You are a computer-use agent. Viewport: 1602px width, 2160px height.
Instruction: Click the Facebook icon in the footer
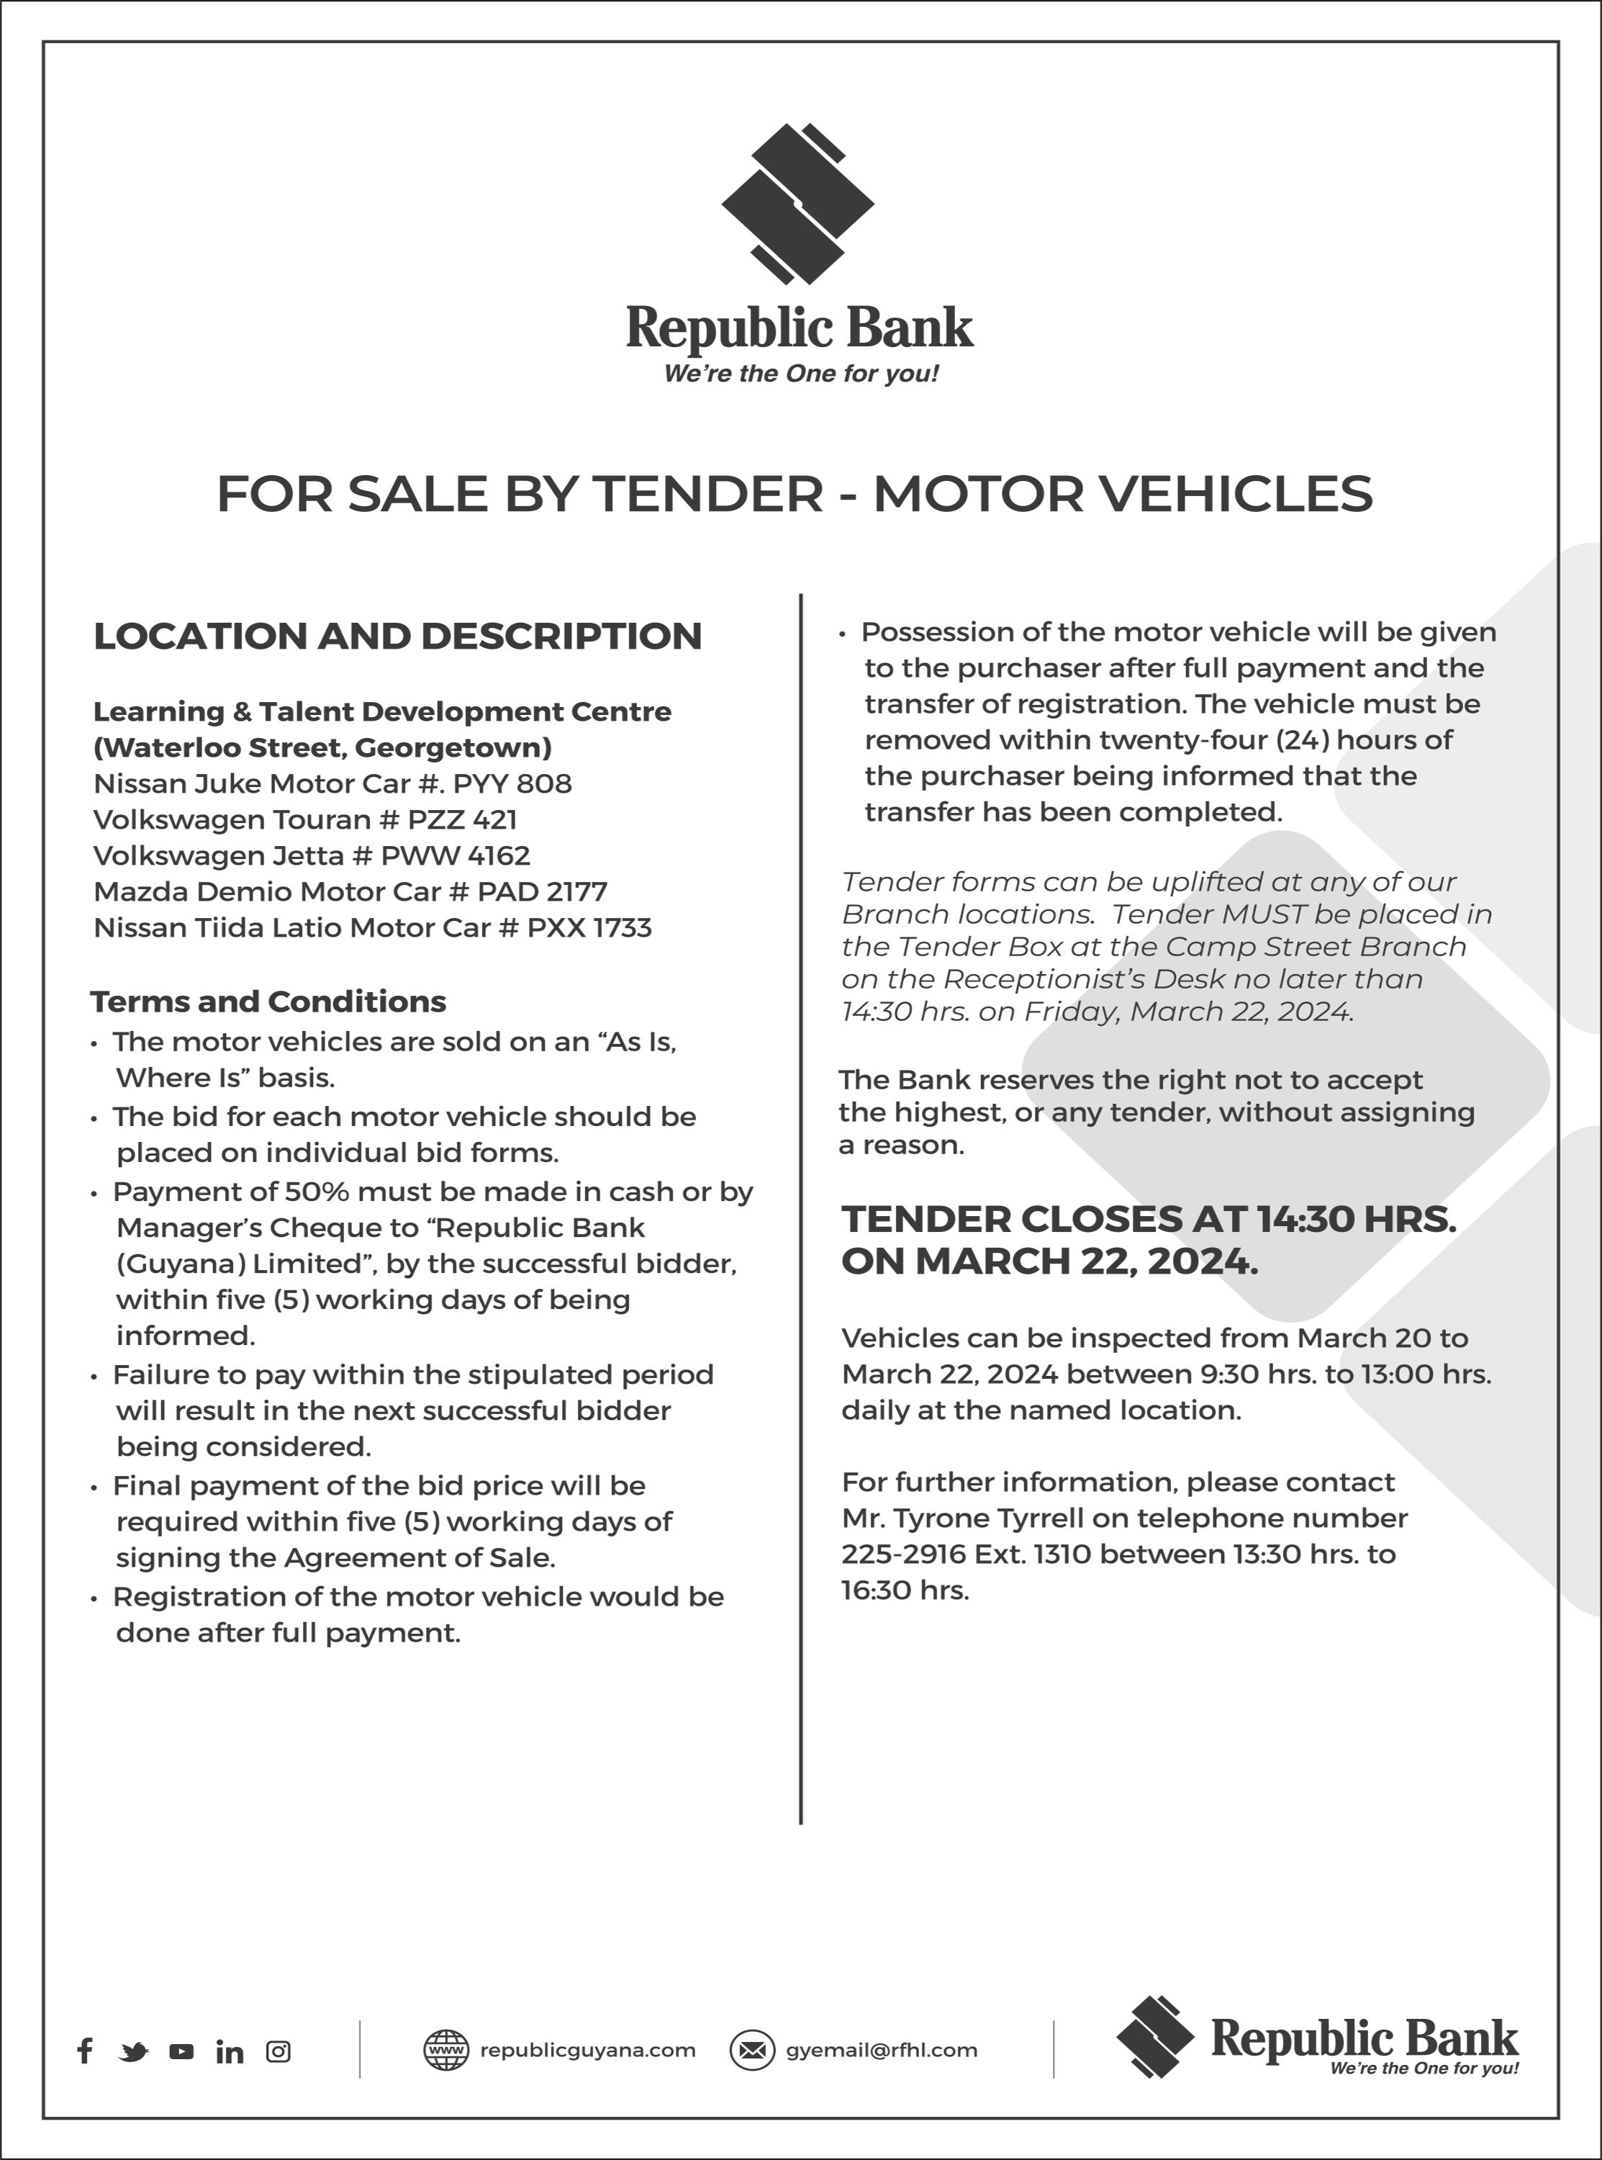click(x=86, y=2051)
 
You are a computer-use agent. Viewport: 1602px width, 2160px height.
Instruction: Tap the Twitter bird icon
click(x=134, y=2051)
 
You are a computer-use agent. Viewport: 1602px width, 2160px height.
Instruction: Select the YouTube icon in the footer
click(x=181, y=2051)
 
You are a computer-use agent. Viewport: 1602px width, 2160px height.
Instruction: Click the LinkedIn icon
click(x=230, y=2051)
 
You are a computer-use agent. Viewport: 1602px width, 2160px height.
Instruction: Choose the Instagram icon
click(x=279, y=2051)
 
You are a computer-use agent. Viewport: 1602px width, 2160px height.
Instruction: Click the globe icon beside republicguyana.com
click(x=446, y=2051)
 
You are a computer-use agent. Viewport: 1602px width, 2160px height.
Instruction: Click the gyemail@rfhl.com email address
click(x=882, y=2051)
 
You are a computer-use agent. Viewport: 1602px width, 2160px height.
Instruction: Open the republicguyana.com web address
click(x=588, y=2051)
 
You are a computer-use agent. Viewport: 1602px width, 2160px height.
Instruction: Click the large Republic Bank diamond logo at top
click(x=798, y=204)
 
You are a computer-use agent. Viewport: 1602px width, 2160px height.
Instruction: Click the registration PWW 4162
click(x=456, y=855)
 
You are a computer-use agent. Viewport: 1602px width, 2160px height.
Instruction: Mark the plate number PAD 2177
click(x=542, y=891)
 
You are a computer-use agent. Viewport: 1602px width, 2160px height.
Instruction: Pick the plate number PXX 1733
click(x=589, y=928)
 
